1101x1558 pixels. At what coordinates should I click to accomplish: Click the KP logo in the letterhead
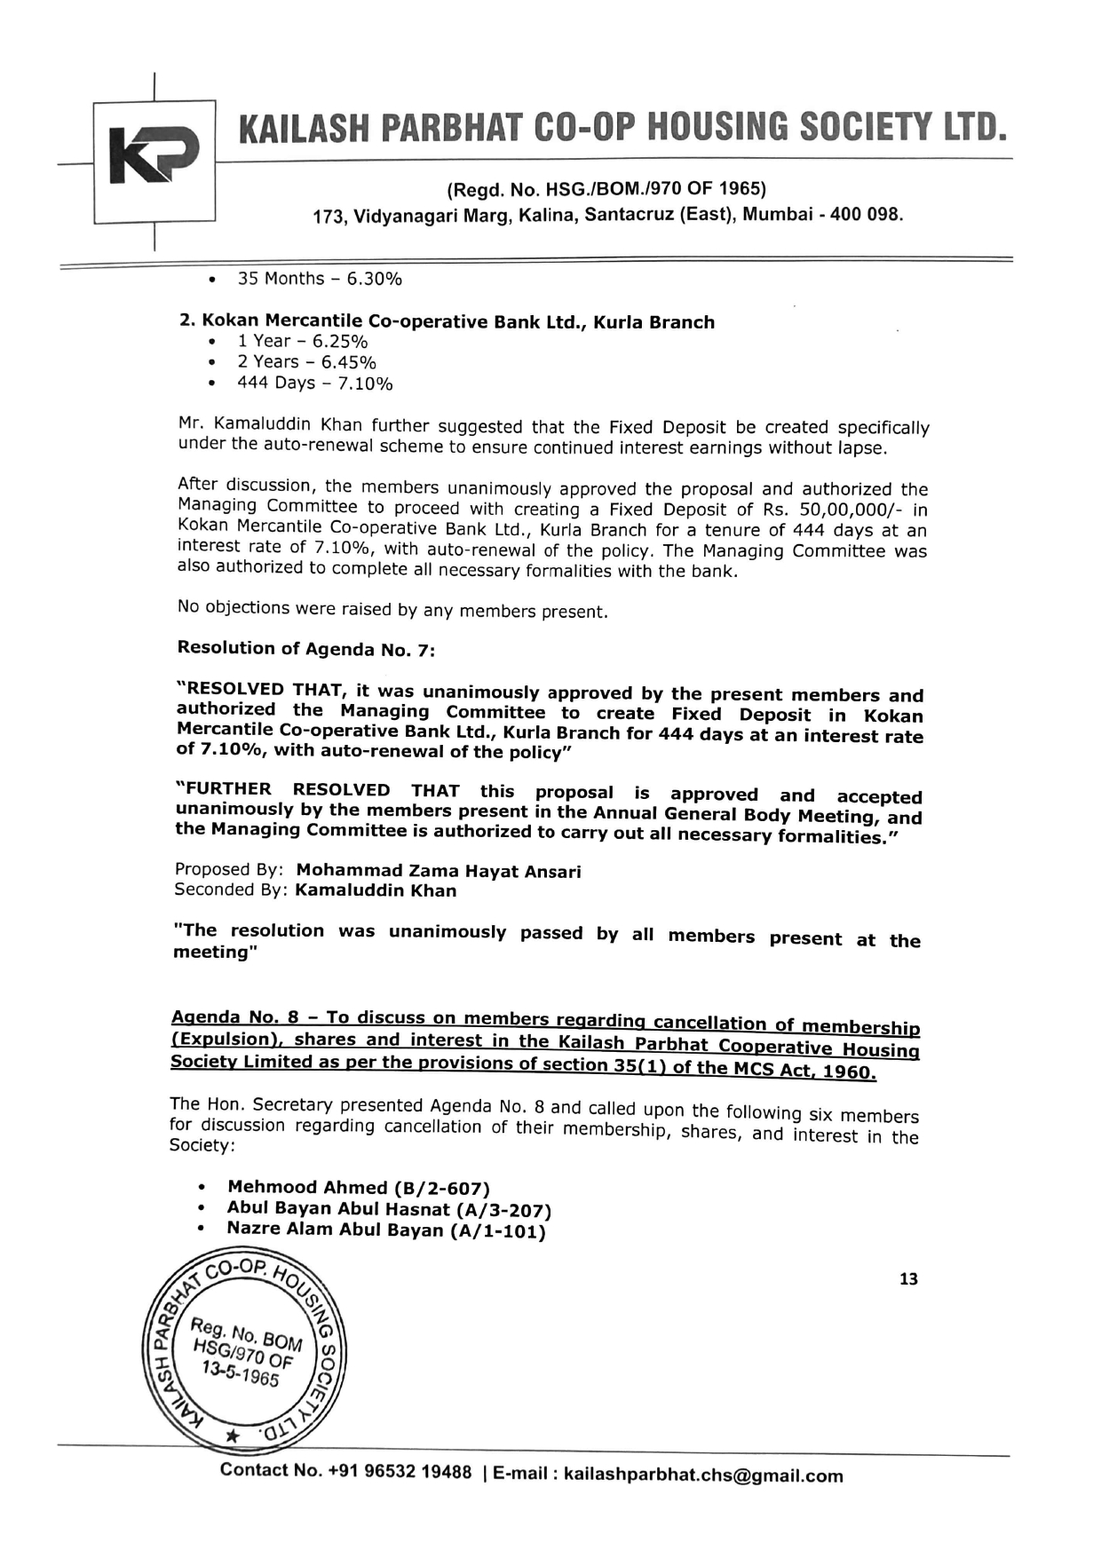[x=154, y=157]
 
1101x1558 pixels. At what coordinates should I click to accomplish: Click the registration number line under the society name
[x=606, y=188]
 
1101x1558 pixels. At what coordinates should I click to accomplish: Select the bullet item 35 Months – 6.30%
[x=319, y=279]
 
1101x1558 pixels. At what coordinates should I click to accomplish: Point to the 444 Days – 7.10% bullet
[x=314, y=383]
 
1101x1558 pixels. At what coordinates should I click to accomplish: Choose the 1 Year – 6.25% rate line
[x=302, y=341]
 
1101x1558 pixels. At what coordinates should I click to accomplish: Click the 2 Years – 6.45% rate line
[x=306, y=361]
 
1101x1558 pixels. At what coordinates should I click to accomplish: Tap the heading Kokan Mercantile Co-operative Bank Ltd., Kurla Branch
[x=447, y=321]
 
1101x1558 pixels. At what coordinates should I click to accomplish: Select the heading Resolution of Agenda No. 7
[x=306, y=648]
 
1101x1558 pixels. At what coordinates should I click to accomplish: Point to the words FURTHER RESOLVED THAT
[x=318, y=789]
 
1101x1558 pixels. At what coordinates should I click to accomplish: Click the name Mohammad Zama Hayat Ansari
[x=439, y=871]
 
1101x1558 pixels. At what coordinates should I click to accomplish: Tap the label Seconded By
[x=231, y=890]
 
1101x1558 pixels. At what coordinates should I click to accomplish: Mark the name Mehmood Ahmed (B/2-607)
[x=359, y=1187]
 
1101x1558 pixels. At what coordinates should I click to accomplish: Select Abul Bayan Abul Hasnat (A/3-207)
[x=389, y=1208]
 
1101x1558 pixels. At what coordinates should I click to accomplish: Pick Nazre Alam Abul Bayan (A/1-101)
[x=385, y=1230]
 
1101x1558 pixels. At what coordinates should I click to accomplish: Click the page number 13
[x=908, y=1279]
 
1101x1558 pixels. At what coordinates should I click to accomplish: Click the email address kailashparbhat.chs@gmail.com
[x=703, y=1475]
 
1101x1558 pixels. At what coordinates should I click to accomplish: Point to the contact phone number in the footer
[x=400, y=1471]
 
